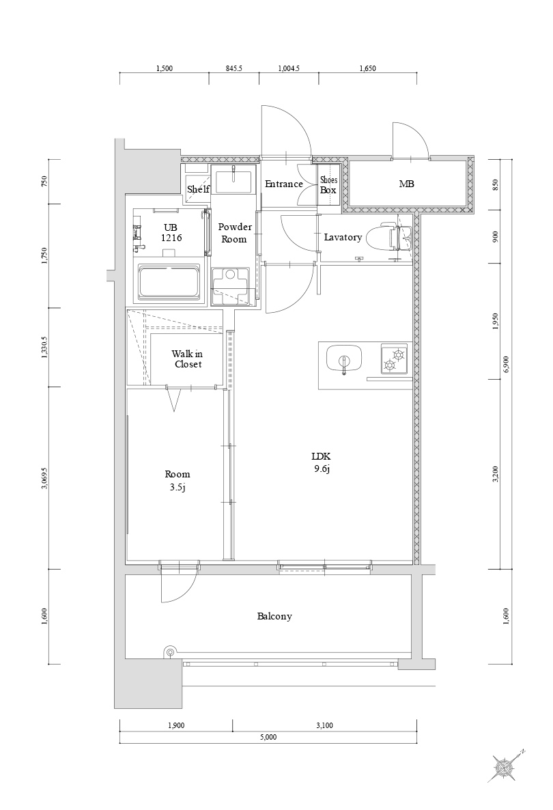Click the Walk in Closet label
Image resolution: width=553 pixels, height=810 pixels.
click(x=186, y=359)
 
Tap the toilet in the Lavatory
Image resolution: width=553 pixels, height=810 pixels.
click(x=383, y=238)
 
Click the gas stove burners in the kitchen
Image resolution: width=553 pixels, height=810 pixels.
click(x=393, y=359)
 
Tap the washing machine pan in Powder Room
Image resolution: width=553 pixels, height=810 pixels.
click(x=232, y=286)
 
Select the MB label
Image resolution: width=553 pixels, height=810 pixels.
click(x=406, y=184)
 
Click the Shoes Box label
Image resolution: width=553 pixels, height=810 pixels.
click(x=328, y=185)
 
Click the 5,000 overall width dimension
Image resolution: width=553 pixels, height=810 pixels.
click(x=268, y=738)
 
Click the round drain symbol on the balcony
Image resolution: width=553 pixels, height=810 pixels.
click(x=169, y=652)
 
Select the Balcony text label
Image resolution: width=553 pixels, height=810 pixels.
click(x=274, y=617)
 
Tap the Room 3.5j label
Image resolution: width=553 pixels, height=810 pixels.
click(x=177, y=480)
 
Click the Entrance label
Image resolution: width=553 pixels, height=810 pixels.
click(x=283, y=184)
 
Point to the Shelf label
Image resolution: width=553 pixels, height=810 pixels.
click(x=198, y=189)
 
